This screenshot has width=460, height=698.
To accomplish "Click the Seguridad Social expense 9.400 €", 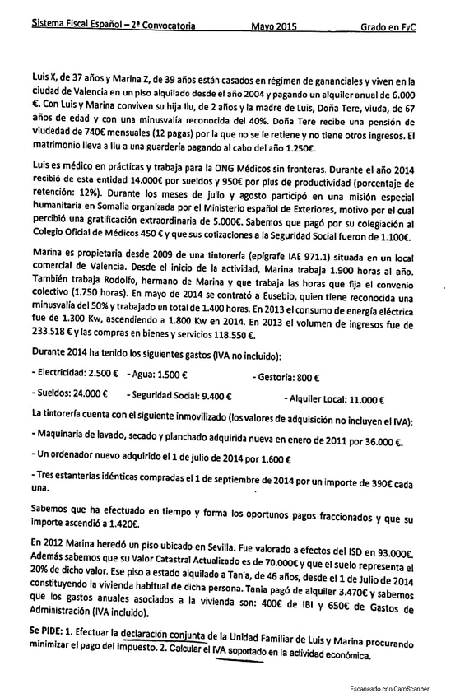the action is pos(216,399).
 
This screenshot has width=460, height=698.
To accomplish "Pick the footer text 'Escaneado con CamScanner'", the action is pos(401,686).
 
